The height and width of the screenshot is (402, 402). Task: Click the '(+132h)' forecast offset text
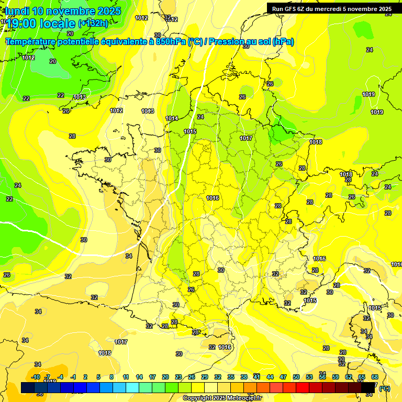pos(93,23)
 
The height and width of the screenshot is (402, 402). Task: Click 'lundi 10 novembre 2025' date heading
pos(63,11)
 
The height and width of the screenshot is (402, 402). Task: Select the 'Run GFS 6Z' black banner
pos(332,8)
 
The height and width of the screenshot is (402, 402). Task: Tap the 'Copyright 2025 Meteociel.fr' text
pos(222,398)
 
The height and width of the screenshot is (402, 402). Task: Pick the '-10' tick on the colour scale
pos(36,377)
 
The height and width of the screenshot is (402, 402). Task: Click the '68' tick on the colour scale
pos(375,377)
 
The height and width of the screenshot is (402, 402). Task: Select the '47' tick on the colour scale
pos(283,377)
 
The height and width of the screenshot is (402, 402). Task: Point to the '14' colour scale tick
pos(139,377)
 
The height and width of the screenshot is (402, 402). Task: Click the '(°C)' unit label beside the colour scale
pos(384,388)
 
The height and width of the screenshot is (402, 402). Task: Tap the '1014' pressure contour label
pos(172,118)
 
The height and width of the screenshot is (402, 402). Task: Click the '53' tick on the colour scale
pos(309,377)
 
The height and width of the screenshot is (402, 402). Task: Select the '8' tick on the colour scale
pos(111,377)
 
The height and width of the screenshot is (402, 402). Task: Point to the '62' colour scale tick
pos(349,377)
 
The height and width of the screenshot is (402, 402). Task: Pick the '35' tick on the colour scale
pos(231,377)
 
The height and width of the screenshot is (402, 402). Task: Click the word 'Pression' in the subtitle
pos(227,41)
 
